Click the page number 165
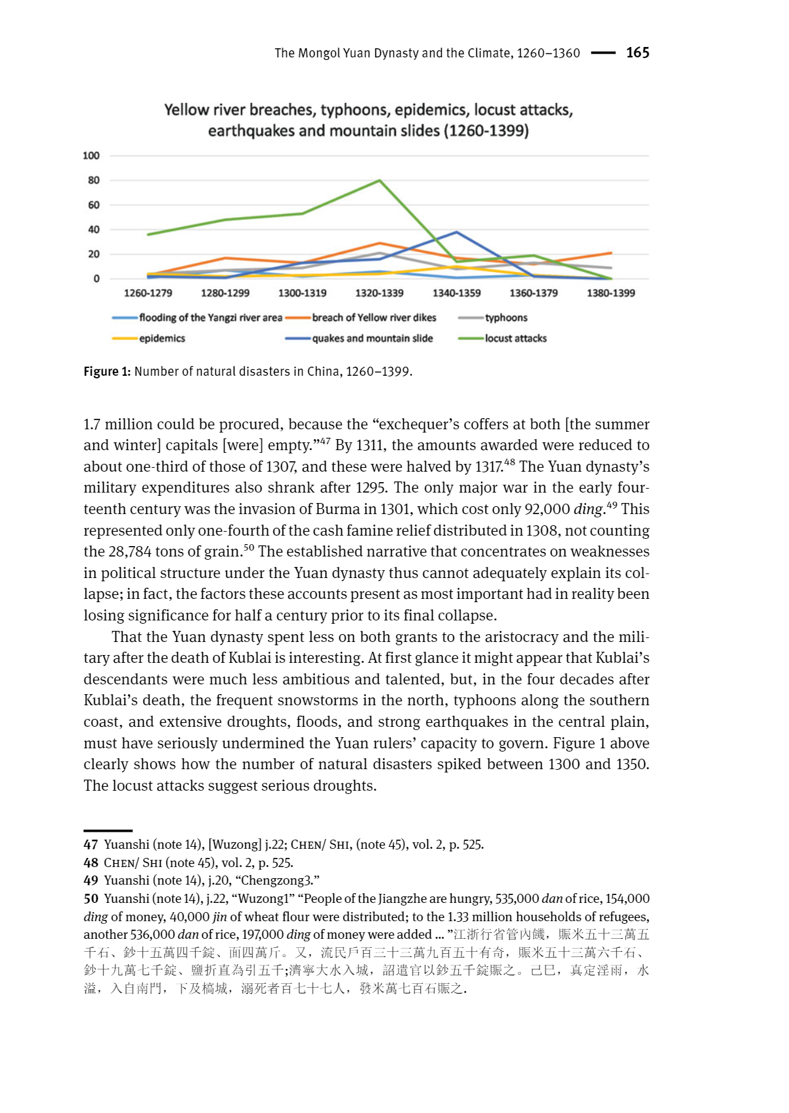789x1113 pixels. point(638,53)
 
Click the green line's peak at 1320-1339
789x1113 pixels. point(380,181)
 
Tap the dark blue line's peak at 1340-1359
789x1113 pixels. point(457,232)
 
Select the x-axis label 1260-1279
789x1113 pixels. point(148,293)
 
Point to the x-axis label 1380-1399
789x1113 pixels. point(611,293)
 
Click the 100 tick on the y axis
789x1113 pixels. point(91,156)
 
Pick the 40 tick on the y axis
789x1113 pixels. point(94,230)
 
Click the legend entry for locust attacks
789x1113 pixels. point(516,339)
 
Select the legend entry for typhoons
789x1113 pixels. point(506,318)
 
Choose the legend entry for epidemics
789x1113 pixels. point(162,339)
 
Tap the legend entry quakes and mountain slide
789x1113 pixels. point(372,339)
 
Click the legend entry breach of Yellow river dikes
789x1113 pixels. point(374,318)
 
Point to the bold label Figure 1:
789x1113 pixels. point(107,372)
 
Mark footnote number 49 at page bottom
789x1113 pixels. point(91,881)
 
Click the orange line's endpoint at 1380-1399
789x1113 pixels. point(611,252)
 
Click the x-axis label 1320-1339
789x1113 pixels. point(379,293)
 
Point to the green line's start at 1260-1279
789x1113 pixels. point(149,234)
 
